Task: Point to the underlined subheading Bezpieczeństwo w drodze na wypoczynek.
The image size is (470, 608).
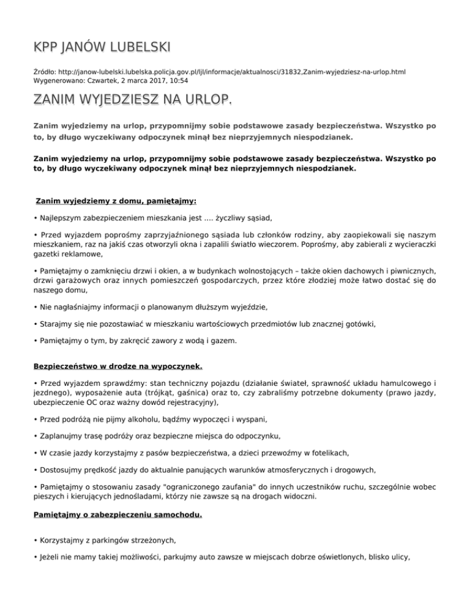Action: [x=117, y=367]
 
